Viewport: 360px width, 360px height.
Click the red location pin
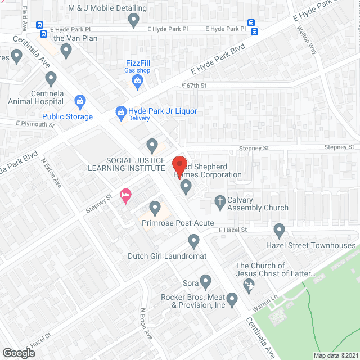pyautogui.click(x=179, y=165)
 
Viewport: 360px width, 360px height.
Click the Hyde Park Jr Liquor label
pyautogui.click(x=163, y=111)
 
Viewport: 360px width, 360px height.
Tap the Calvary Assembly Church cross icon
pyautogui.click(x=220, y=200)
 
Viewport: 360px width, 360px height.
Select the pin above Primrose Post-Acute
pyautogui.click(x=154, y=208)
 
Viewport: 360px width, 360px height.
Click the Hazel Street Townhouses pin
pyautogui.click(x=279, y=229)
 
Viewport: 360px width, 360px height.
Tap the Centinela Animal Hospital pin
pyautogui.click(x=51, y=78)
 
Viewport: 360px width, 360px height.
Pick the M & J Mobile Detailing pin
pyautogui.click(x=133, y=20)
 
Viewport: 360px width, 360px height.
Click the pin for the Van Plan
pyautogui.click(x=66, y=51)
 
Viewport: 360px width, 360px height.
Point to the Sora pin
pyautogui.click(x=205, y=281)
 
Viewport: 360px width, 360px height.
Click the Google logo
pyautogui.click(x=19, y=353)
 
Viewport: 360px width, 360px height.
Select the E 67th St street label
pyautogui.click(x=194, y=85)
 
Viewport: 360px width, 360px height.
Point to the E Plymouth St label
pyautogui.click(x=35, y=124)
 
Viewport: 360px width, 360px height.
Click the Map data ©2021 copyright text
pyautogui.click(x=336, y=355)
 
